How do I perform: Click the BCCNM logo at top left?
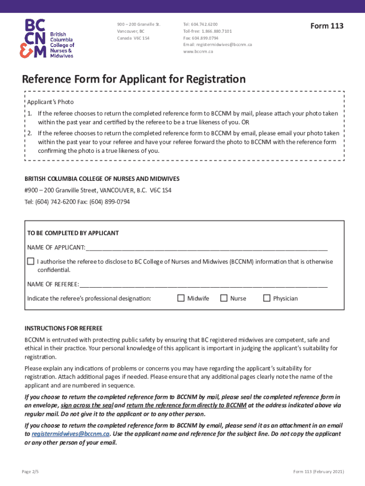click(x=46, y=38)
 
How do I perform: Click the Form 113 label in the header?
click(x=327, y=26)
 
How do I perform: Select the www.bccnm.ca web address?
click(x=198, y=51)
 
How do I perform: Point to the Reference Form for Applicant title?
click(x=134, y=79)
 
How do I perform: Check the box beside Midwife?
click(x=181, y=298)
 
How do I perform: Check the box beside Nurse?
click(x=224, y=298)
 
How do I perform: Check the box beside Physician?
click(x=266, y=298)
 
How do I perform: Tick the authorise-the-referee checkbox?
click(x=31, y=261)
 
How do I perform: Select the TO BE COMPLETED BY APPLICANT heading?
click(x=73, y=233)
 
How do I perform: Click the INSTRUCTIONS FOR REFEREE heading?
click(x=64, y=328)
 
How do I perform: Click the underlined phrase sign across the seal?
click(x=86, y=405)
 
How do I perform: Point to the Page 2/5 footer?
click(x=31, y=471)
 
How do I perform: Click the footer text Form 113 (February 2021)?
click(x=319, y=471)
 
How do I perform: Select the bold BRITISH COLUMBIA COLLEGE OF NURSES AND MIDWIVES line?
click(x=102, y=178)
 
